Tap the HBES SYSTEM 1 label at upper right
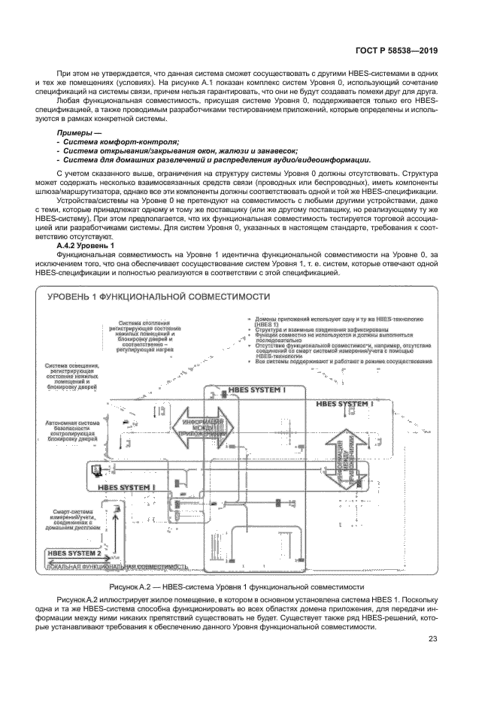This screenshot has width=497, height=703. tap(344, 404)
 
